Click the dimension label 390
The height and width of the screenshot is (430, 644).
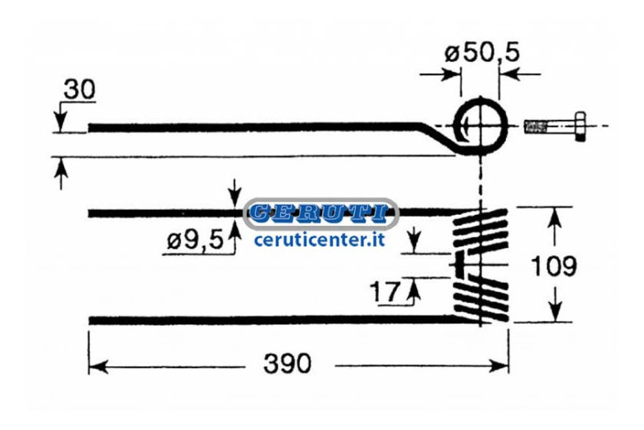pyautogui.click(x=287, y=364)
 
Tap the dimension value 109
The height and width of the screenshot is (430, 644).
pyautogui.click(x=554, y=265)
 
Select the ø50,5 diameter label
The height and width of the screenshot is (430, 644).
pyautogui.click(x=482, y=53)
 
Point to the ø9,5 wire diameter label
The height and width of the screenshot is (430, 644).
pyautogui.click(x=195, y=240)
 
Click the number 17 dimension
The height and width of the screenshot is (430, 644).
pyautogui.click(x=385, y=291)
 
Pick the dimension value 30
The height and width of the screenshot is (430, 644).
pyautogui.click(x=80, y=89)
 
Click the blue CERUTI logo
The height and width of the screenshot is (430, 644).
pyautogui.click(x=321, y=213)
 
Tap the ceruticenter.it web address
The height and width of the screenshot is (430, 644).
pyautogui.click(x=320, y=239)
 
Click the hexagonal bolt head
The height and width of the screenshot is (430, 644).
pyautogui.click(x=580, y=127)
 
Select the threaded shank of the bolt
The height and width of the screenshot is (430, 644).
pyautogui.click(x=550, y=127)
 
